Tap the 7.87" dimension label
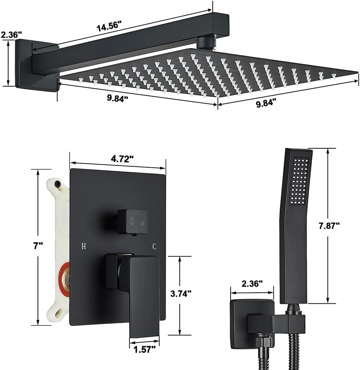329,226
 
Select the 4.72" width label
122,159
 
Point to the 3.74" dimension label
181,293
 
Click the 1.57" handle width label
145,349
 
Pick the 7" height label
38,246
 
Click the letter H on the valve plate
84,246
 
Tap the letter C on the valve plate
154,246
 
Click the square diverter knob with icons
133,222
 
